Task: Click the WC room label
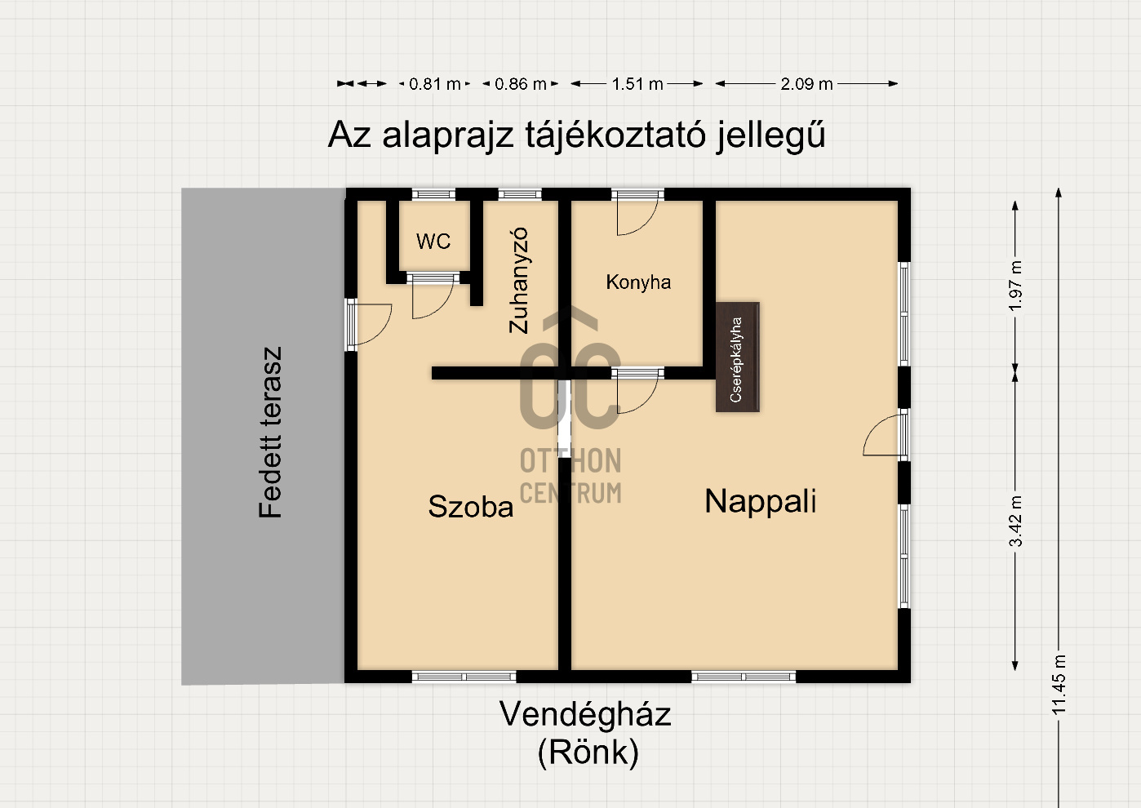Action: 433,241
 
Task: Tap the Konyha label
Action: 638,282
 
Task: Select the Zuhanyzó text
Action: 518,280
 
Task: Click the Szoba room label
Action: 471,506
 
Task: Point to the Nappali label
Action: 761,501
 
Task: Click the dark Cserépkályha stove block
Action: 738,357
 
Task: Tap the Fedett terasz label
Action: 270,433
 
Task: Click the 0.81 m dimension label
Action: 434,83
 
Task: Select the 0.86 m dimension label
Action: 520,83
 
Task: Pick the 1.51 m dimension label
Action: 637,83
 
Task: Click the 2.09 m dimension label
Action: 806,83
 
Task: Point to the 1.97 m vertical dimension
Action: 1015,286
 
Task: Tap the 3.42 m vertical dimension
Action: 1015,522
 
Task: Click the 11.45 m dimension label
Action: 1059,685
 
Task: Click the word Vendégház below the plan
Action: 585,714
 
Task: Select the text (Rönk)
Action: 588,753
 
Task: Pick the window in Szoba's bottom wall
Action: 464,677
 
